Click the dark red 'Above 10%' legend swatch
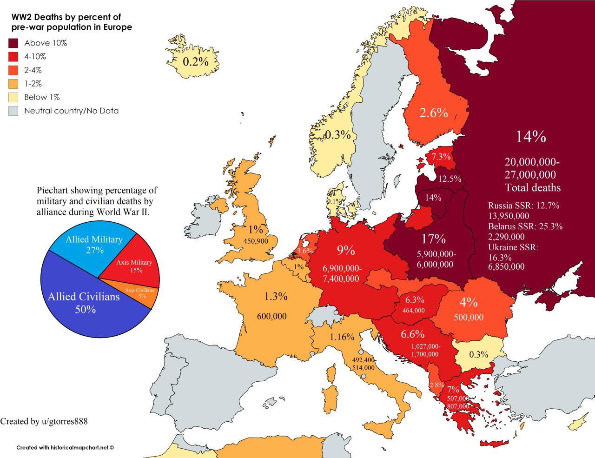coord(13,43)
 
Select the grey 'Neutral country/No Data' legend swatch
coord(13,111)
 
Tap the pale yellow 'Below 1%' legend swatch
coord(13,97)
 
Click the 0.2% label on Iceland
coord(195,61)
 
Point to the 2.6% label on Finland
coord(433,113)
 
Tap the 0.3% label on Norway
coord(337,135)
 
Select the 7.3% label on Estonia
coord(441,157)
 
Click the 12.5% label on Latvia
coord(450,179)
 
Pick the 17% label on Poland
coord(433,239)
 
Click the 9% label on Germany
coord(346,251)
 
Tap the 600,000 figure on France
coord(271,316)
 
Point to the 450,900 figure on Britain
coord(256,241)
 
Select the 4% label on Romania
coord(468,302)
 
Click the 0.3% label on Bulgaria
coord(478,354)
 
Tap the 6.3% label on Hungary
coord(415,300)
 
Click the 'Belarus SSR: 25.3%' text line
coord(525,226)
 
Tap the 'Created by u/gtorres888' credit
coord(44,421)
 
